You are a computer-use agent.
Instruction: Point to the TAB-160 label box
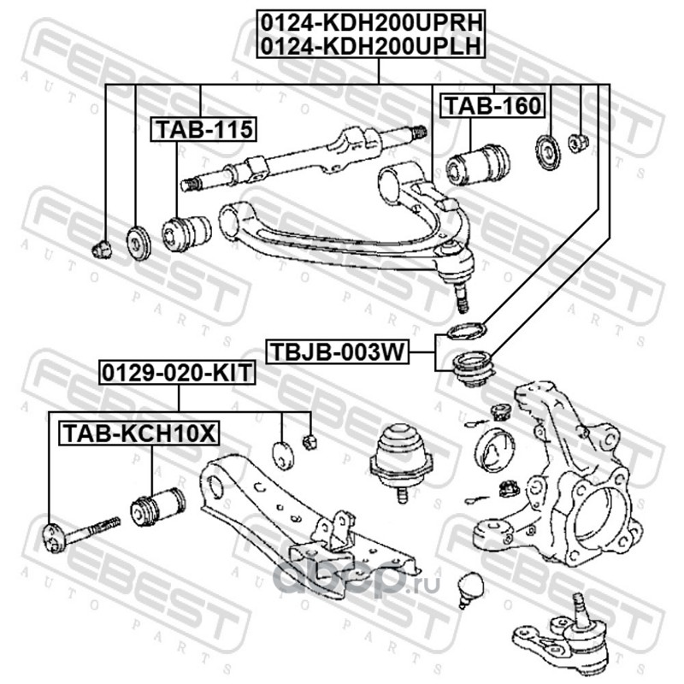pyautogui.click(x=492, y=105)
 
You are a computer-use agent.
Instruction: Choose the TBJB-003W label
pyautogui.click(x=337, y=351)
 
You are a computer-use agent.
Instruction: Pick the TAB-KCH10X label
pyautogui.click(x=138, y=433)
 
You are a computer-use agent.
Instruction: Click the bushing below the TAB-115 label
pyautogui.click(x=186, y=232)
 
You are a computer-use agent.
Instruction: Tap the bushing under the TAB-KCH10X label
pyautogui.click(x=156, y=506)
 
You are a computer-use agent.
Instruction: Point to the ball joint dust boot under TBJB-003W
pyautogui.click(x=469, y=369)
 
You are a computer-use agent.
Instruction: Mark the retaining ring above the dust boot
pyautogui.click(x=465, y=330)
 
